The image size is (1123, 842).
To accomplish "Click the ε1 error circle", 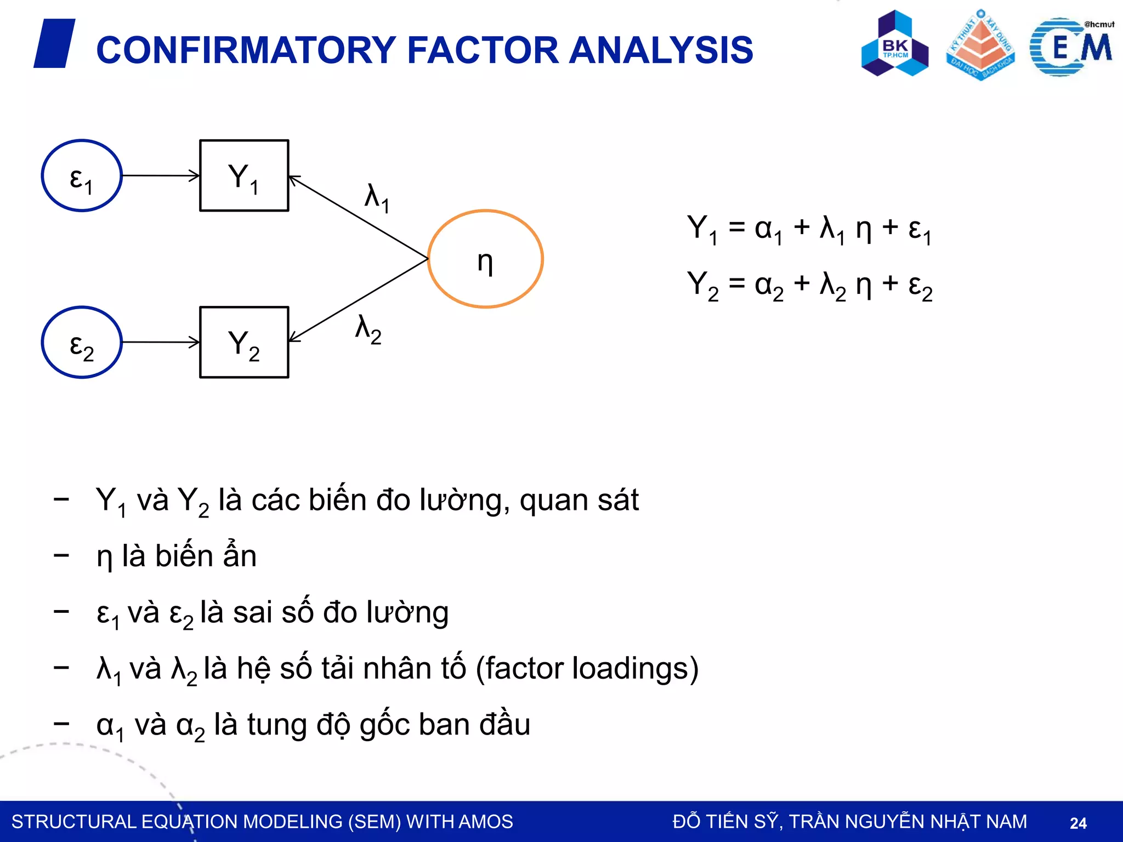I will click(x=82, y=175).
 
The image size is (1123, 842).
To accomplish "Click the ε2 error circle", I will click(x=82, y=342).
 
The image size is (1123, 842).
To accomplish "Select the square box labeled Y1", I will click(x=244, y=175).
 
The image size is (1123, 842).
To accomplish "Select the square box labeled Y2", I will click(x=244, y=342).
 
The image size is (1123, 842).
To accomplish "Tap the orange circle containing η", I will click(x=485, y=259).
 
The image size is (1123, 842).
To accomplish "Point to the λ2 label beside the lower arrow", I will click(x=368, y=329).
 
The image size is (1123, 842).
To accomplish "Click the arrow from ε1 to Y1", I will click(x=160, y=175).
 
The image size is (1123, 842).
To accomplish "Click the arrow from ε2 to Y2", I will click(x=160, y=342).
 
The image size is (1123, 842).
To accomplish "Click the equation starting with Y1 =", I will click(x=809, y=229).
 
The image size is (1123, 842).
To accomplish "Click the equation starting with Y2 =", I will click(x=809, y=286).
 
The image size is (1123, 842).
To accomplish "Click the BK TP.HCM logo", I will click(x=895, y=44).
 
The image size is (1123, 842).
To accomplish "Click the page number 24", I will click(x=1078, y=823).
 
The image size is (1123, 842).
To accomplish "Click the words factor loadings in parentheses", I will click(x=587, y=668).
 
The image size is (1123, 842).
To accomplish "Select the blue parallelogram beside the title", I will click(x=54, y=43).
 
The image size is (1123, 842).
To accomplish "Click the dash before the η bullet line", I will click(x=61, y=556).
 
